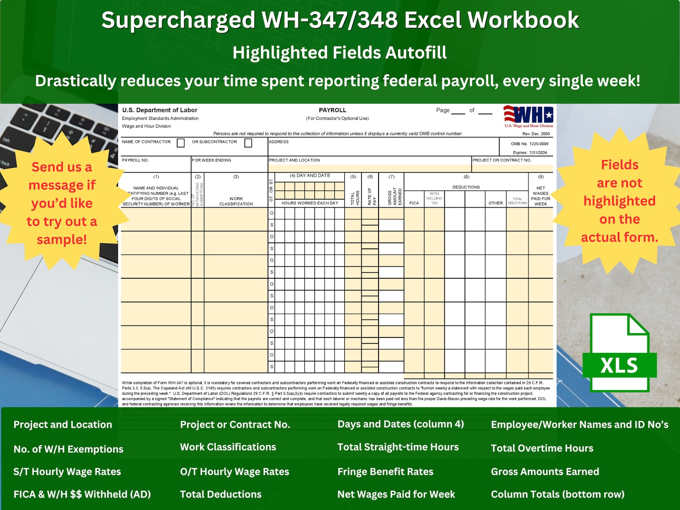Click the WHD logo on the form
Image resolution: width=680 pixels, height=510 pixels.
[x=528, y=116]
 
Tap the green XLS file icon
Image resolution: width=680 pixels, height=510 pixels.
[x=619, y=353]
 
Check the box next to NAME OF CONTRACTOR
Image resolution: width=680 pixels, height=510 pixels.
[x=181, y=143]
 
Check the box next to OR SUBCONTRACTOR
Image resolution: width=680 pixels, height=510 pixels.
[x=248, y=143]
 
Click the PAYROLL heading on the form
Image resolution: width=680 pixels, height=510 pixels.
[x=332, y=110]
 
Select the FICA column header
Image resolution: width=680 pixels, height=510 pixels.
[x=414, y=203]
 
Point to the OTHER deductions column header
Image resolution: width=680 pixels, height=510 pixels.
[x=495, y=203]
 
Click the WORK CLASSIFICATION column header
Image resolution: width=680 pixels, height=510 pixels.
[x=236, y=201]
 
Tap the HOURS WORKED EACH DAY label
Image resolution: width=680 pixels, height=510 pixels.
[x=310, y=203]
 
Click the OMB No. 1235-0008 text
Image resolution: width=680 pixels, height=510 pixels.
[x=529, y=144]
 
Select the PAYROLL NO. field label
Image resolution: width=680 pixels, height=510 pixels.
[x=135, y=160]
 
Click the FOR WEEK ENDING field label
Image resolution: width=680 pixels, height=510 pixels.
[x=212, y=160]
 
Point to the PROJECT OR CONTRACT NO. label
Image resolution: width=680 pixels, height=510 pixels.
[x=502, y=160]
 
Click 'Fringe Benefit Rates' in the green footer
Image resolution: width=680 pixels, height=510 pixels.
[x=385, y=471]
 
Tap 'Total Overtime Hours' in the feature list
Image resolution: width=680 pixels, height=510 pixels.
[x=542, y=448]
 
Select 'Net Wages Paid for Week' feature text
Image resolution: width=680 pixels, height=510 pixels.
[x=396, y=494]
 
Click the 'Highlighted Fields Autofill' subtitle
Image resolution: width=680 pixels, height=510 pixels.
[x=340, y=53]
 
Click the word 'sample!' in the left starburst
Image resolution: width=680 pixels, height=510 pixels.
[x=62, y=239]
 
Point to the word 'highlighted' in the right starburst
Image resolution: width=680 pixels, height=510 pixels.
[x=619, y=201]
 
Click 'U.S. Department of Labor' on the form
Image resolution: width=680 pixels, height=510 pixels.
[x=160, y=110]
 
